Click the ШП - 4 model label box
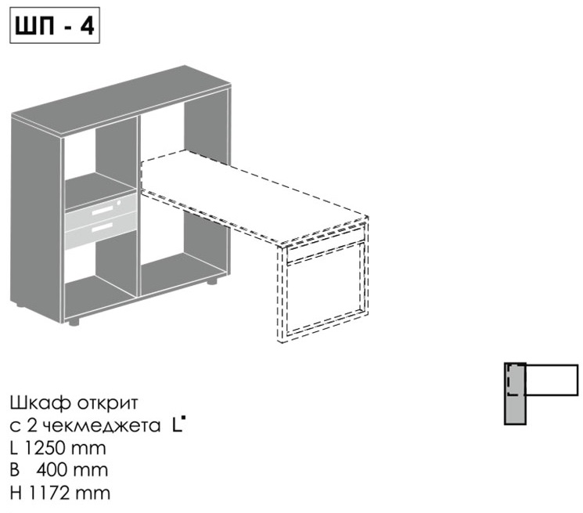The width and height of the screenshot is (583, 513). (x=55, y=25)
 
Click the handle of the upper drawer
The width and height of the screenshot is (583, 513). (x=103, y=211)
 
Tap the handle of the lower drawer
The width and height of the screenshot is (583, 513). (x=103, y=226)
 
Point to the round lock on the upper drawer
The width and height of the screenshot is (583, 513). (x=119, y=203)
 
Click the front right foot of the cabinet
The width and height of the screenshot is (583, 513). (x=74, y=322)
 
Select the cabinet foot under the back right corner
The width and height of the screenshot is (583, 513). (x=212, y=281)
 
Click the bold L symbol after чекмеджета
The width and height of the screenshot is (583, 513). (x=178, y=424)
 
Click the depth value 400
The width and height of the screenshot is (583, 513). (x=52, y=470)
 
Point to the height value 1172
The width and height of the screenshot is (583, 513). (x=49, y=493)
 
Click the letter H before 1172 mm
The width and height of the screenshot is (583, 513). (x=16, y=493)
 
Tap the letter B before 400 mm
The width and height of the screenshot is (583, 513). (x=15, y=470)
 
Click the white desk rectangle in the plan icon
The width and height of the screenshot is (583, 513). (x=552, y=379)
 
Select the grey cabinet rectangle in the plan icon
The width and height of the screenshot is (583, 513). (x=515, y=394)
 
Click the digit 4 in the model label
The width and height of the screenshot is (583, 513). (x=87, y=26)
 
